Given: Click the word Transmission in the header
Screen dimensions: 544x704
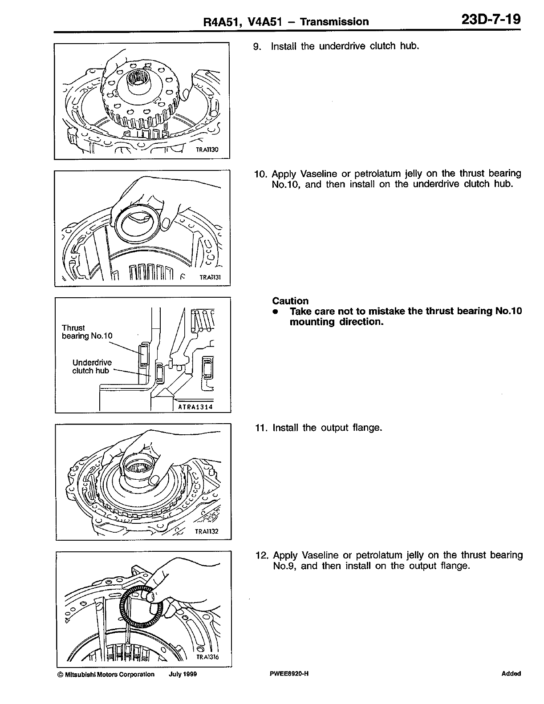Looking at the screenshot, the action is (334, 21).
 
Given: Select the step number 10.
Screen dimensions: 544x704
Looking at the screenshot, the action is (260, 174).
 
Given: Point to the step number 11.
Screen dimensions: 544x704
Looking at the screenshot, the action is (260, 428).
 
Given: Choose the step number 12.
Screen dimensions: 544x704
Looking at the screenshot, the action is (261, 555).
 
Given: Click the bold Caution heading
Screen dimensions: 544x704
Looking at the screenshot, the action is (290, 301).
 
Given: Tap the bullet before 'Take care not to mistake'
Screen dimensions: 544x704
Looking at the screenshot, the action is (276, 312).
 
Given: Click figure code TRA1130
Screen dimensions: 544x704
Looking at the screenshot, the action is (207, 150).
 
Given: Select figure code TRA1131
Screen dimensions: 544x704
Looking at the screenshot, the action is (209, 277).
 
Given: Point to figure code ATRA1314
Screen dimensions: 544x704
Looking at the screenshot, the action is (195, 407).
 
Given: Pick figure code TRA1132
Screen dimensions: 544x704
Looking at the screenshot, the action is (207, 531).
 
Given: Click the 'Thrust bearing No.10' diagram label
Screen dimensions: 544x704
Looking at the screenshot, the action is (87, 332).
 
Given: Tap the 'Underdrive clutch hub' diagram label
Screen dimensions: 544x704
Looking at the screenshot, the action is (92, 367).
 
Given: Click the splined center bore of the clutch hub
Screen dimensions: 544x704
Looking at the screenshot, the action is (135, 80).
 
